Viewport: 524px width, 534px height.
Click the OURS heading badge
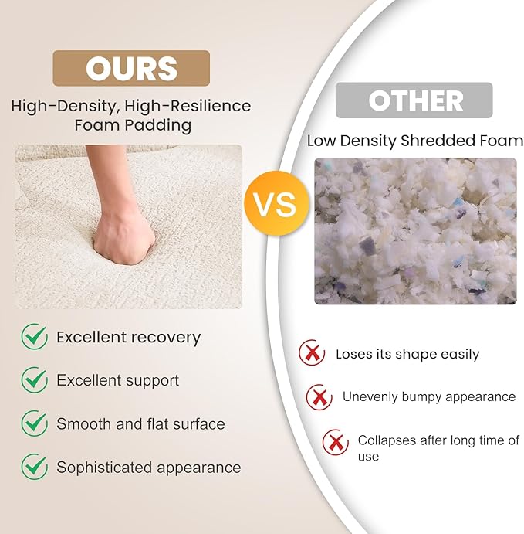(x=131, y=68)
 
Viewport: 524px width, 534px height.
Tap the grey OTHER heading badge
(x=414, y=100)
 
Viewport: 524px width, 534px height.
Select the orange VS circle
(x=276, y=204)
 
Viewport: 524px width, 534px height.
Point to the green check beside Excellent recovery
(x=35, y=336)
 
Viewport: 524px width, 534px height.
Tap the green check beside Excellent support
(x=35, y=379)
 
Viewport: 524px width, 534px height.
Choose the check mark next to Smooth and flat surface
(x=35, y=423)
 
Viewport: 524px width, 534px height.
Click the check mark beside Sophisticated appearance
(x=35, y=466)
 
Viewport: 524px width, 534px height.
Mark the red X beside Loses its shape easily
(x=312, y=353)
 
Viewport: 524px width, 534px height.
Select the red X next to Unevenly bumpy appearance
(x=319, y=397)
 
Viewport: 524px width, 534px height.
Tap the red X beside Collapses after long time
(x=336, y=442)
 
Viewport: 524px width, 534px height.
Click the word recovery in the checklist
(x=166, y=338)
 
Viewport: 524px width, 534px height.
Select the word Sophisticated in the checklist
(x=104, y=468)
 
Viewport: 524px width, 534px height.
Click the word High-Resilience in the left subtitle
(x=188, y=106)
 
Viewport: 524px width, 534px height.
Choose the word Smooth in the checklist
(x=83, y=424)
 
